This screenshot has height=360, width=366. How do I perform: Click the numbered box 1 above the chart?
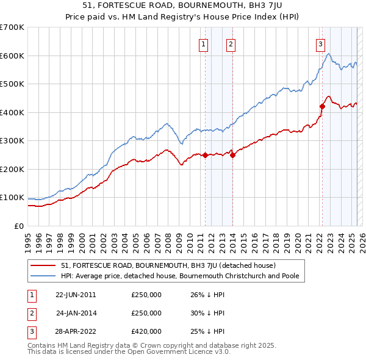coord(203,43)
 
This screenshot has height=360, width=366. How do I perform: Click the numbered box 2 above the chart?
coord(231,43)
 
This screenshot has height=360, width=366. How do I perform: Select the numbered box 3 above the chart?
coord(320,43)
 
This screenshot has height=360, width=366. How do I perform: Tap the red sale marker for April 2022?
coord(322,107)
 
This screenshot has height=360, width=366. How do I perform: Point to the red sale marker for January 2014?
coord(232,155)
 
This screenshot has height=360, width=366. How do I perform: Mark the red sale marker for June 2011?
coord(205,155)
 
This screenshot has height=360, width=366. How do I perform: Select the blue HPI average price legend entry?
coord(182,276)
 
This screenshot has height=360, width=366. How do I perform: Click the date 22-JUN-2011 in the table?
coord(76,295)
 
